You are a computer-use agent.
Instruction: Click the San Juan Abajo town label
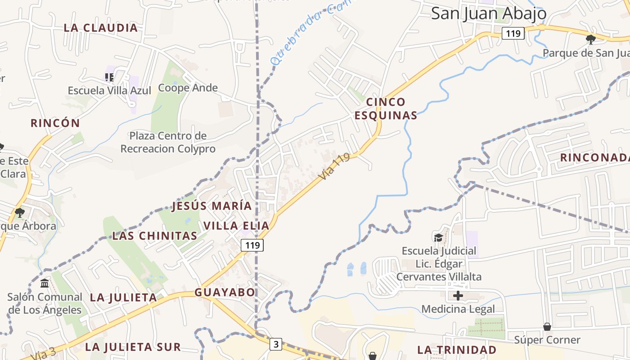pyautogui.click(x=489, y=13)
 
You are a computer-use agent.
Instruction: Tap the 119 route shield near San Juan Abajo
pyautogui.click(x=513, y=33)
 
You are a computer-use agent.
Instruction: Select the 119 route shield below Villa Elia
pyautogui.click(x=252, y=245)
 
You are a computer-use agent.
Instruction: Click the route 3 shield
pyautogui.click(x=276, y=344)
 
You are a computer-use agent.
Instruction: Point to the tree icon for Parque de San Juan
pyautogui.click(x=590, y=40)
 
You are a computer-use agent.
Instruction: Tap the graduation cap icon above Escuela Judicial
pyautogui.click(x=438, y=237)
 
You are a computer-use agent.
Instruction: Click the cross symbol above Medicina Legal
pyautogui.click(x=458, y=296)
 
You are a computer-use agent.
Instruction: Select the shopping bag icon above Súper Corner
pyautogui.click(x=547, y=326)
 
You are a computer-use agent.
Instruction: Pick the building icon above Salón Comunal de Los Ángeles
pyautogui.click(x=45, y=283)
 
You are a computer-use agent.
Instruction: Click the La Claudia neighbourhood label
pyautogui.click(x=101, y=28)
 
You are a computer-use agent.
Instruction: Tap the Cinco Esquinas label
pyautogui.click(x=386, y=108)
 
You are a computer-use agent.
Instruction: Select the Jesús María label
pyautogui.click(x=211, y=206)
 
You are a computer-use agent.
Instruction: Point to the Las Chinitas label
pyautogui.click(x=154, y=236)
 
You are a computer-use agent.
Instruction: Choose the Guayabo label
pyautogui.click(x=225, y=292)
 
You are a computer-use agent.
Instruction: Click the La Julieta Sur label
pyautogui.click(x=133, y=347)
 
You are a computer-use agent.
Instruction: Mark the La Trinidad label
pyautogui.click(x=457, y=350)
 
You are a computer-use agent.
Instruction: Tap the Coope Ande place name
pyautogui.click(x=188, y=88)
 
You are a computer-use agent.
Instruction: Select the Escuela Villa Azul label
pyautogui.click(x=109, y=90)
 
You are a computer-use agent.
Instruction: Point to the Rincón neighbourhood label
pyautogui.click(x=55, y=123)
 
